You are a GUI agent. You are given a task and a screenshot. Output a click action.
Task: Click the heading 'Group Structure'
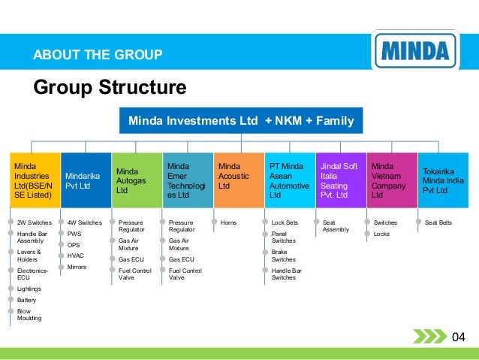109,88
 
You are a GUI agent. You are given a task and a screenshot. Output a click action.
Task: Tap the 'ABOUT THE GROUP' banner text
98,54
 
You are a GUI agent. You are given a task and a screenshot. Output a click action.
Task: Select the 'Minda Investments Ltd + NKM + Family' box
241,120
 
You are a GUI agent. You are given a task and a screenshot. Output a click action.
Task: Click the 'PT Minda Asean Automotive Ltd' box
289,180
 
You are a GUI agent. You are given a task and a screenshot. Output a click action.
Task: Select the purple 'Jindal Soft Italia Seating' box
339,180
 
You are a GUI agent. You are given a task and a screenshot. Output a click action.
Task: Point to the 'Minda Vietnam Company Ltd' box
390,180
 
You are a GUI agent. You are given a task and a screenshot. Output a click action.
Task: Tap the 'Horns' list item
228,223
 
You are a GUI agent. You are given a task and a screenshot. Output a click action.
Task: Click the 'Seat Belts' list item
438,223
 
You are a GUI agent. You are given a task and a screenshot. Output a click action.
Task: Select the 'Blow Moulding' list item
29,314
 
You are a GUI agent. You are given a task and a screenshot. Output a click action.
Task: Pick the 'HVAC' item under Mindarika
75,256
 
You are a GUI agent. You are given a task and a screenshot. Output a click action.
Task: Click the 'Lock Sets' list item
285,223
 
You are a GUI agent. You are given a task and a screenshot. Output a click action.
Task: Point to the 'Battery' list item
26,300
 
